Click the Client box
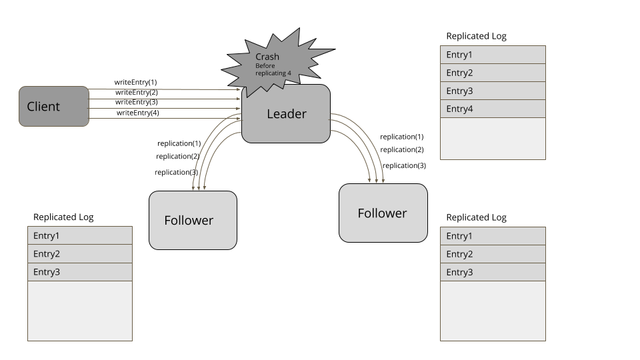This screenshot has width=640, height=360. click(53, 106)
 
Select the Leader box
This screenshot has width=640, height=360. click(286, 114)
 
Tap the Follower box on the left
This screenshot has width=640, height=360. click(193, 220)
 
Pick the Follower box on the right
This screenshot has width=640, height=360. click(383, 213)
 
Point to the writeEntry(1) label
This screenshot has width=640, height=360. click(135, 82)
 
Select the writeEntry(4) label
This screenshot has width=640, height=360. click(137, 113)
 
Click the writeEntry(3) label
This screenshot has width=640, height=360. click(136, 102)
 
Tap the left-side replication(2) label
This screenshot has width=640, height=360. click(178, 156)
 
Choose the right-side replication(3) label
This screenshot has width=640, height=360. click(404, 165)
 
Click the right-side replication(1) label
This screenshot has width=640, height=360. click(401, 137)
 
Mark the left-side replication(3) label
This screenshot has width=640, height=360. click(177, 172)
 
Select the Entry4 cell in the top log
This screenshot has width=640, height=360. click(493, 109)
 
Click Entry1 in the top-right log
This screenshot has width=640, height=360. click(493, 55)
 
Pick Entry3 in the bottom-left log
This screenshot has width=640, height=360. click(80, 272)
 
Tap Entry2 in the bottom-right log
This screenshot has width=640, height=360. click(493, 254)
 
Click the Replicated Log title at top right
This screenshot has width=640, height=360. click(476, 36)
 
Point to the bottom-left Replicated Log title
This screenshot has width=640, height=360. click(63, 217)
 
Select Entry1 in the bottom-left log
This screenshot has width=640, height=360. click(80, 235)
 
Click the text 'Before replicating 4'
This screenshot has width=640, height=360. click(273, 69)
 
